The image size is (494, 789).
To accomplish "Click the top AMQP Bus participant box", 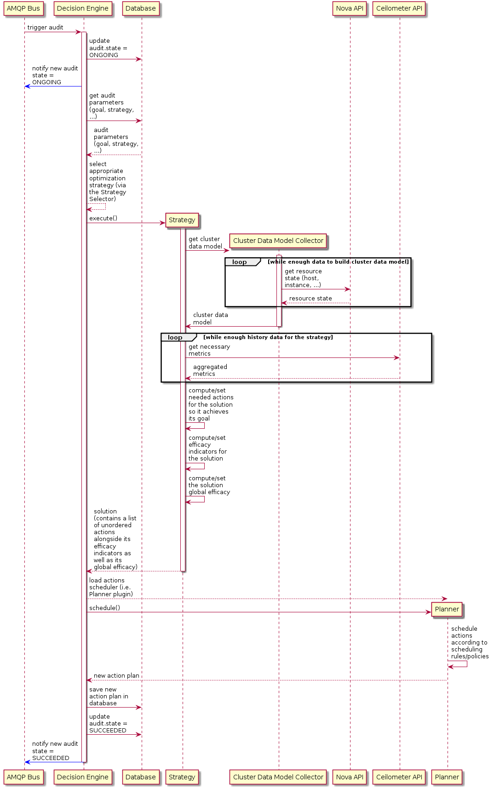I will coord(23,8).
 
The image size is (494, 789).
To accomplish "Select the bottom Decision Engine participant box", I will coord(83,777).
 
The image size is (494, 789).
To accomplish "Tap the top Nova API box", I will coord(350,8).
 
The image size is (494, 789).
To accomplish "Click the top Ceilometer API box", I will coord(399,8).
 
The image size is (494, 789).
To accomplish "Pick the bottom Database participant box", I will coord(141,777).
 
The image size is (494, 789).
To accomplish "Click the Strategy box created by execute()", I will coord(182,220).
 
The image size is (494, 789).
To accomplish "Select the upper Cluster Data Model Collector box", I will coord(278,241).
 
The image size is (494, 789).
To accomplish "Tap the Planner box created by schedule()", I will coord(447,609).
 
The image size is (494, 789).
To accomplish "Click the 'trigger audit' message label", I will coord(46,28).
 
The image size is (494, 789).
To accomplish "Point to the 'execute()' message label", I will coord(103,219).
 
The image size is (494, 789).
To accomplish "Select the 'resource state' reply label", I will coord(310,299).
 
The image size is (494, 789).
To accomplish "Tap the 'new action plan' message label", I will coord(116,676).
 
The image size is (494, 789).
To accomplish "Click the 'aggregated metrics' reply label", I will coord(210,370).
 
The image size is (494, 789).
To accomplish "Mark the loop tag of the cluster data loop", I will coord(240,262).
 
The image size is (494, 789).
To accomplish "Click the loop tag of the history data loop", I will coord(175,338).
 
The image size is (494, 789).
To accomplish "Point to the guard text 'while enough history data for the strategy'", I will coord(268,337).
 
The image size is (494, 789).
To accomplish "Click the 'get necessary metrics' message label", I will coord(209,350).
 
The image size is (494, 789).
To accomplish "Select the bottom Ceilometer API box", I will coord(399,777).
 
